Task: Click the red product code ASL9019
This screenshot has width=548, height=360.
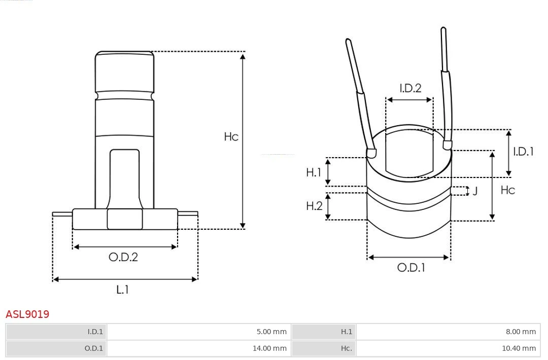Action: tap(27, 314)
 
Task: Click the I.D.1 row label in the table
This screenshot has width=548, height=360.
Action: tap(95, 332)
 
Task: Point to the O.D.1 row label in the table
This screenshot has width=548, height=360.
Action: tap(93, 348)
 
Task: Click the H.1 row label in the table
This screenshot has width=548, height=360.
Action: tap(346, 332)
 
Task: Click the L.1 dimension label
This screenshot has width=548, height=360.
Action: tap(123, 290)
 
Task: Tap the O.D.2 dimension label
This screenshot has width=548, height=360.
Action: tap(123, 257)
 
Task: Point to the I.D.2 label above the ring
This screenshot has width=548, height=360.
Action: tap(410, 88)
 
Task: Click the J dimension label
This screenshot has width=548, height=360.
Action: tap(475, 191)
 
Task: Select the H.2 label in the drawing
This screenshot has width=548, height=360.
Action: tap(314, 206)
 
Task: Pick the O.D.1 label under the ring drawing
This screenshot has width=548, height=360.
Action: tap(410, 268)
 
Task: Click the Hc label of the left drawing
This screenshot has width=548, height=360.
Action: tap(231, 137)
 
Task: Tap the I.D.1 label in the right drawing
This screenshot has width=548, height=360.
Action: tap(523, 152)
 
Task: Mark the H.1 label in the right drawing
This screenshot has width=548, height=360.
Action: tap(314, 172)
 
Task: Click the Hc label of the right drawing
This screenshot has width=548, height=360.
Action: tap(508, 190)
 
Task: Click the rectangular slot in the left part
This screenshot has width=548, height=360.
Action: tap(124, 177)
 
